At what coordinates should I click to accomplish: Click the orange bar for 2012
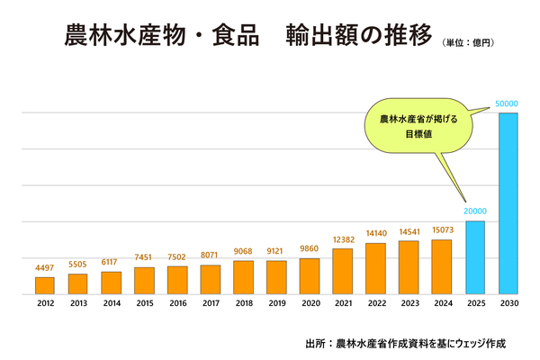coord(45,285)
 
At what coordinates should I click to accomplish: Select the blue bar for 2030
coord(508,203)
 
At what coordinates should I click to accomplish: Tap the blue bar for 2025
coord(474,257)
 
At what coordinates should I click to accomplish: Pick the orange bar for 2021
coord(343,271)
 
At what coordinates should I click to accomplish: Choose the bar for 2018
coord(243,277)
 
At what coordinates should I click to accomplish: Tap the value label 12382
coord(343,240)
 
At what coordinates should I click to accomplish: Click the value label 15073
coord(442,231)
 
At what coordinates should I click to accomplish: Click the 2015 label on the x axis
coord(144,305)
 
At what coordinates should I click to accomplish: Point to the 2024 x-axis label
coord(442,305)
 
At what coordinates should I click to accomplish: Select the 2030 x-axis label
coord(508,305)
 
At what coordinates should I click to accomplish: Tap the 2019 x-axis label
coord(276,305)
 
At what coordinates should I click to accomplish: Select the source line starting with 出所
coord(406,343)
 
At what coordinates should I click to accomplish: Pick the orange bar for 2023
coord(409,267)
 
